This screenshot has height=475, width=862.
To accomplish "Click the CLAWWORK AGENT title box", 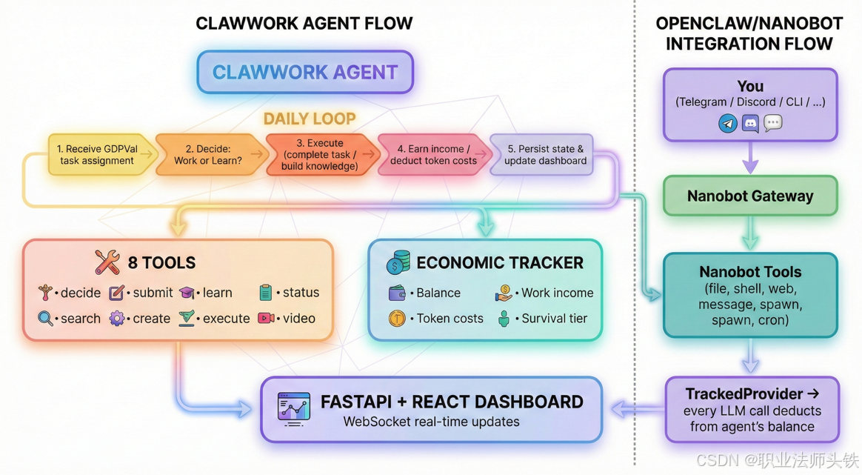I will coord(305,73).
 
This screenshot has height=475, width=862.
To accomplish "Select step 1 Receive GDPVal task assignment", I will coord(98,154).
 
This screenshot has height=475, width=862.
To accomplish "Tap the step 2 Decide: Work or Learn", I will coord(208,154).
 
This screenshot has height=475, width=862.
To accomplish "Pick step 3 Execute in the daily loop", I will coord(319,154).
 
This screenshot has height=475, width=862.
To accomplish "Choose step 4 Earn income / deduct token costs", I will coord(433,154).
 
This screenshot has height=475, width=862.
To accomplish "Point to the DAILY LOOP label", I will coord(310,119).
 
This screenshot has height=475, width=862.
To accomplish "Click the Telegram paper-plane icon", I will coord(728,123).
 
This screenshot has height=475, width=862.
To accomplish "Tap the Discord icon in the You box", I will coord(750,123).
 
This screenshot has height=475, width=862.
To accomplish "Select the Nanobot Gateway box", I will coord(750,196).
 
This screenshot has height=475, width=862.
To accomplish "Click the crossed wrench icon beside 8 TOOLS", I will coord(107,262).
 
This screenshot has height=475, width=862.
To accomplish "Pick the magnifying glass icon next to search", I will coord(46,319).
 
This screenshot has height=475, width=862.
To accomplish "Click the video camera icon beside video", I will coord(266,318).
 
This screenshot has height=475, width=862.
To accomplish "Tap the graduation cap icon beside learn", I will coord(187,293).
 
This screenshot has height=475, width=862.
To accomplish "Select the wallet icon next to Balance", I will coord(397,293).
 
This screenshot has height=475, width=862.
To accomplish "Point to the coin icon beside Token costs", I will coord(397,319).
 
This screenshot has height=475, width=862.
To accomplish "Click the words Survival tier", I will coord(555,319).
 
